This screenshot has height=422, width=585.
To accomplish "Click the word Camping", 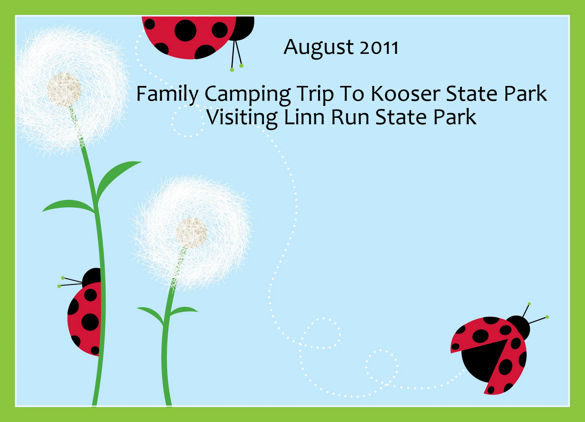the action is coord(248,95).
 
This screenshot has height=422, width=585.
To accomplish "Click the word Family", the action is coord(167,95).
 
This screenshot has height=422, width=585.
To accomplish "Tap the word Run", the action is coord(350,117).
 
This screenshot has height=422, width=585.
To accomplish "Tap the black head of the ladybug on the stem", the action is coord(92,278).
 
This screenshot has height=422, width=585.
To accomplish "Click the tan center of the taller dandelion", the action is coord(64,90).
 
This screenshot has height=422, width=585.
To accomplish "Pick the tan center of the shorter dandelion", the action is coord(191,233).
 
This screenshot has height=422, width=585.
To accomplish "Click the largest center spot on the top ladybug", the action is coord(185,31).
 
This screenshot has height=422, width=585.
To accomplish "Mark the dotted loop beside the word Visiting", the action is coord(188,121).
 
